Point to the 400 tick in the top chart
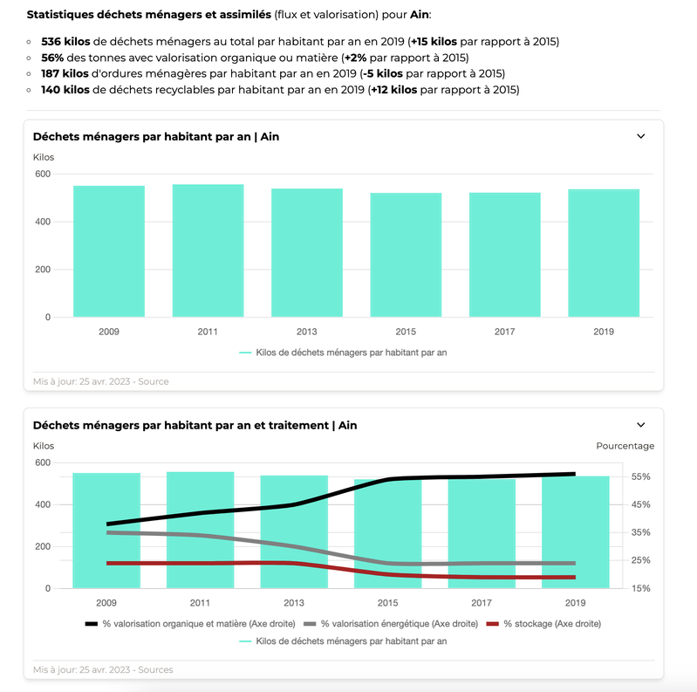pos(42,222)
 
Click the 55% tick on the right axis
pos(640,476)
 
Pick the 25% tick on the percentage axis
pos(640,560)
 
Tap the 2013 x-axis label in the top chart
pos(307,332)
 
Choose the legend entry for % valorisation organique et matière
pos(191,624)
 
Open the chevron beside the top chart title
pos(641,136)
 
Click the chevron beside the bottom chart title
pos(641,425)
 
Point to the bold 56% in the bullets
pos(52,58)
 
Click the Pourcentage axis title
pos(625,446)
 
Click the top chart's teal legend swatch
pos(245,353)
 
